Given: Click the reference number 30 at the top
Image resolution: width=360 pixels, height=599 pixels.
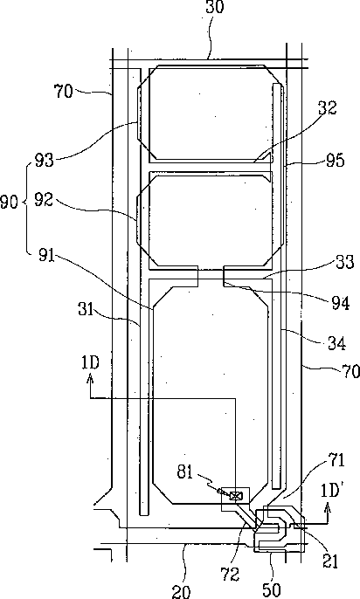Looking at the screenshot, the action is coord(214,6).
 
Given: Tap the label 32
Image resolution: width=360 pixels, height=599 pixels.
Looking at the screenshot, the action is coord(327,108).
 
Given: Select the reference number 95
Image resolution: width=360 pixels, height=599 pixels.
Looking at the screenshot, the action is coord(335,160).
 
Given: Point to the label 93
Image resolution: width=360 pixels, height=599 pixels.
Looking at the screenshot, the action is coord(45,160).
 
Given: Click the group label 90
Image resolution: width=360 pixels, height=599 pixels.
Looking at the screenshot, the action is coord(9,202).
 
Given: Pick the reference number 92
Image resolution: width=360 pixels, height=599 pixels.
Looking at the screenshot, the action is coord(44,199).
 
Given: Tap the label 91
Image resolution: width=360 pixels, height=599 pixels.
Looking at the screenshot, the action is coord(46,256).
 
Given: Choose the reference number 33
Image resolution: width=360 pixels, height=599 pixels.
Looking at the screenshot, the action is coord(345,263).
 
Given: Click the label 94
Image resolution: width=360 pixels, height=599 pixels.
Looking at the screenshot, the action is coord(340,303).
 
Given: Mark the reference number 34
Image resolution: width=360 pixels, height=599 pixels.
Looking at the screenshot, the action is coord(337,343).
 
